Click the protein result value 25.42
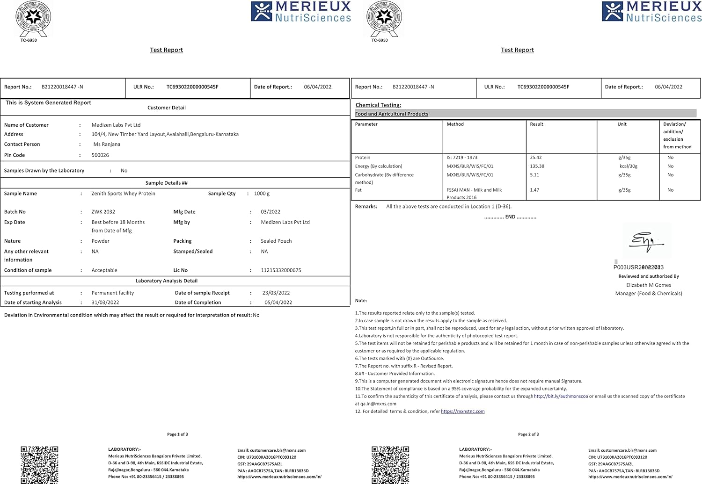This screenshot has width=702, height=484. [x=535, y=158]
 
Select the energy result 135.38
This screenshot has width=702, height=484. [x=537, y=166]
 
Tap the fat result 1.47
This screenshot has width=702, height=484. [x=534, y=190]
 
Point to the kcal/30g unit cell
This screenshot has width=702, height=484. [x=628, y=166]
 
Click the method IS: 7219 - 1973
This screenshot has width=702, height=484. [x=462, y=158]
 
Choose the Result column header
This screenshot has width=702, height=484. [x=536, y=124]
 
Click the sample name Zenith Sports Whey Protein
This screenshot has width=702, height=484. [x=123, y=194]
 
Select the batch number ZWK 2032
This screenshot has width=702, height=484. [x=103, y=212]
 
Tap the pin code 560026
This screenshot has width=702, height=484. [x=100, y=155]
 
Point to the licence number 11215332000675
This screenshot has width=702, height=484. [x=281, y=270]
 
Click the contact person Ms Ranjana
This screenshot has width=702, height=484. [x=107, y=144]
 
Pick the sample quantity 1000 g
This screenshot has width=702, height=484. [x=262, y=194]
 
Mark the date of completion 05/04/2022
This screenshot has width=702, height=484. [x=278, y=303]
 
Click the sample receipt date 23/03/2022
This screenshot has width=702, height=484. [x=276, y=293]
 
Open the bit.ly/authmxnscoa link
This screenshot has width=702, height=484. [x=561, y=397]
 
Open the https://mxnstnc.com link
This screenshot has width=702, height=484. [x=462, y=412]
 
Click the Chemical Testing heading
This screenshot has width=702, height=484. [x=378, y=105]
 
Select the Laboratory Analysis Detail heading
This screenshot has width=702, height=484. [x=166, y=281]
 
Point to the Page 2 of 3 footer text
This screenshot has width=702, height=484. [x=528, y=434]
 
